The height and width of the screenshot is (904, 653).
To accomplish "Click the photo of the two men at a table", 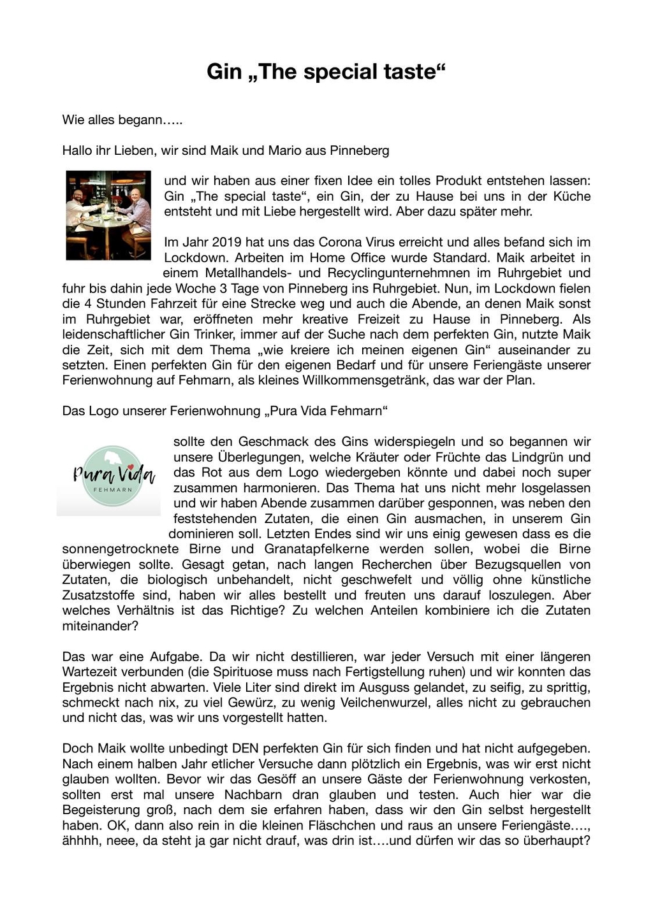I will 108,215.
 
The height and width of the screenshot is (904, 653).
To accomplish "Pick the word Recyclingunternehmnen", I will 399,273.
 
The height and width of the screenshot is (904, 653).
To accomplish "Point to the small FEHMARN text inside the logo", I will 113,490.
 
